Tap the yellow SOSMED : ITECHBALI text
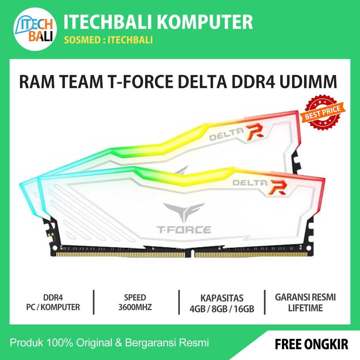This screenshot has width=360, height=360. click(x=108, y=40)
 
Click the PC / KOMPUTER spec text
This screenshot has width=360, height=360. click(x=53, y=307)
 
